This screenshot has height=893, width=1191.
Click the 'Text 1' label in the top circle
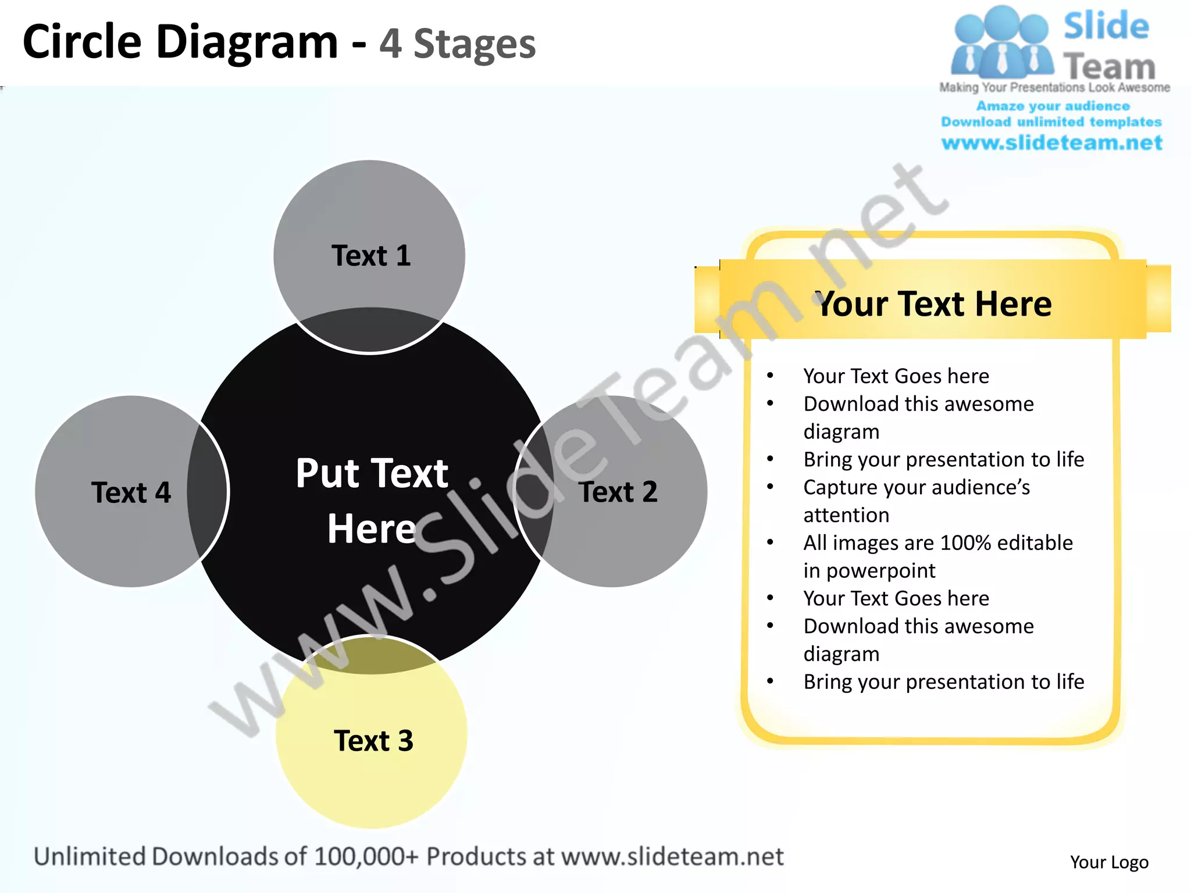pos(371,256)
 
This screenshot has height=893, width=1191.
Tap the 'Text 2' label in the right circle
pos(618,492)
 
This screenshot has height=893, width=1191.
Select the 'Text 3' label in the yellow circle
pos(373,741)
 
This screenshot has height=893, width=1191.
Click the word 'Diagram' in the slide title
pos(247,42)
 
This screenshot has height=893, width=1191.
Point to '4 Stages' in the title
pos(457,44)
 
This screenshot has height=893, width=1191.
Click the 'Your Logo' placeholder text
pos(1109,862)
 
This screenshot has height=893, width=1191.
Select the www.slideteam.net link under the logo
pos(1051,143)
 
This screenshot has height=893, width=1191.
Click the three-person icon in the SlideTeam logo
pos(1001,44)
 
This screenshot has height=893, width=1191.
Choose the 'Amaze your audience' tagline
pos(1053,106)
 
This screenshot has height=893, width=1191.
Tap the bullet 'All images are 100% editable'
pos(937,543)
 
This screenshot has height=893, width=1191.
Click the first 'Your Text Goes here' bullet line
pos(896,376)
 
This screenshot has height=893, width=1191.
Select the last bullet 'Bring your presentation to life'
pos(943,681)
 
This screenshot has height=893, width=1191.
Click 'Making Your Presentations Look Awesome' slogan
pos(1054,88)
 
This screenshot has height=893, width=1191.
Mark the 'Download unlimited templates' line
pos(1051,122)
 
